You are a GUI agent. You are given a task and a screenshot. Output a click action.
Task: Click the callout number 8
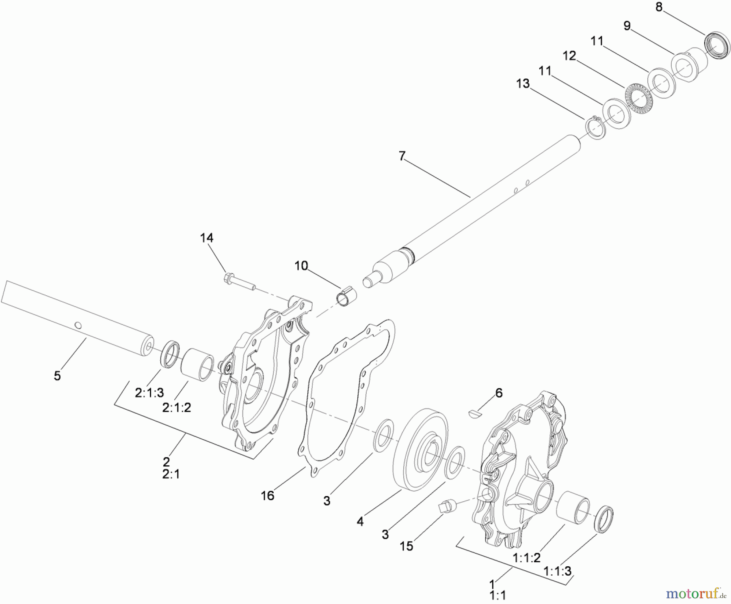pos(659,7)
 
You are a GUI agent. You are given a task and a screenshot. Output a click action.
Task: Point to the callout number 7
pos(402,156)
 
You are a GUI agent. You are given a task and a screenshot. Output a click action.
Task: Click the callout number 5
pos(57,376)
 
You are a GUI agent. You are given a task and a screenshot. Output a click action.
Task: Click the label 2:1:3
pos(149,393)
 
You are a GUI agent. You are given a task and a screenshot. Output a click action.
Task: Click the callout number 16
pos(268,495)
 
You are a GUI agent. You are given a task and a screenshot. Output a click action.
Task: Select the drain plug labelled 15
pos(446,506)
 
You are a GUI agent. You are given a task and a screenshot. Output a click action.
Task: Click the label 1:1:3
pos(558,571)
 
